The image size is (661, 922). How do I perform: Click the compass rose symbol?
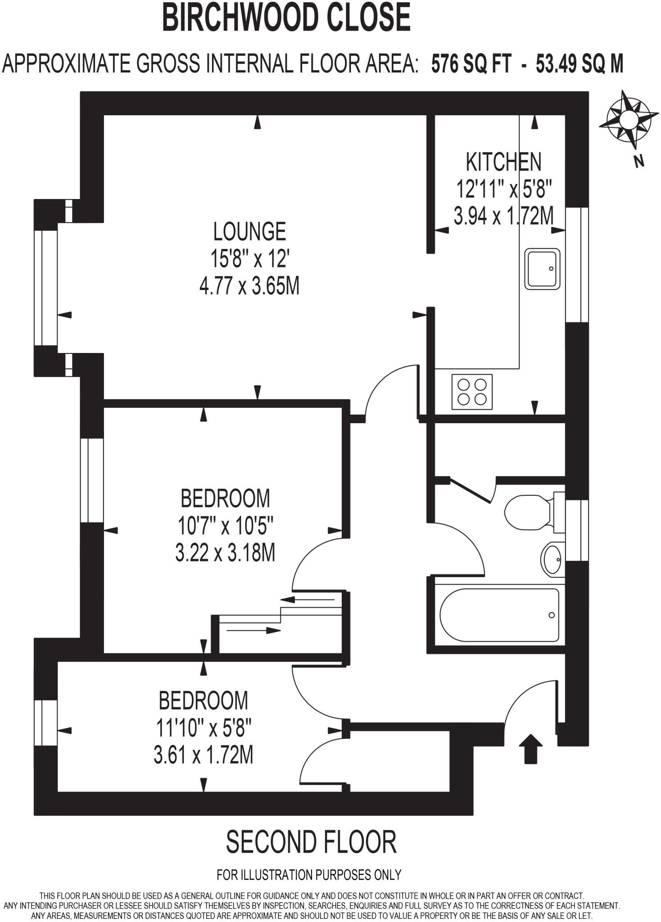(628, 120)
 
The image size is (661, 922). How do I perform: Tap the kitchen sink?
(543, 269)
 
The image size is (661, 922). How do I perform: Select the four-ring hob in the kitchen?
(472, 392)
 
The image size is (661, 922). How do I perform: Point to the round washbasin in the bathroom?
(552, 560)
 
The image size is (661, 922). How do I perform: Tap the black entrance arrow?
(531, 749)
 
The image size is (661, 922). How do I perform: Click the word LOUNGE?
(249, 232)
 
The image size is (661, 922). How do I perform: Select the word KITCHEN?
(503, 162)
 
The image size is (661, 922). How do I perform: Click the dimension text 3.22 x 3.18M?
(225, 553)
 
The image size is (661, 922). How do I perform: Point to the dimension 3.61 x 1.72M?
(204, 755)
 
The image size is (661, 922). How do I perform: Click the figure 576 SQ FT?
(471, 64)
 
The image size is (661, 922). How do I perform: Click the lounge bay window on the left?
(45, 288)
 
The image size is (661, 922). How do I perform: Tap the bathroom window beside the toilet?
(577, 530)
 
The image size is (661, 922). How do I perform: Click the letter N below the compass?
(638, 161)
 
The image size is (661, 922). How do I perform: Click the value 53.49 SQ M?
(580, 64)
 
